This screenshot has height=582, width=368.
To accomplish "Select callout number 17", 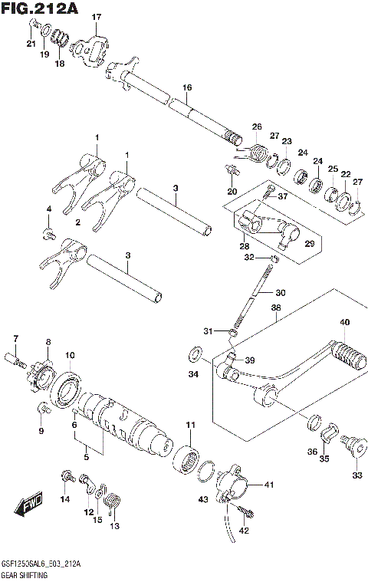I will point(96,17).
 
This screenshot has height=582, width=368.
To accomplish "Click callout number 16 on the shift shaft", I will point(186,88).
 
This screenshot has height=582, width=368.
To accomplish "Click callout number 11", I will point(189,424).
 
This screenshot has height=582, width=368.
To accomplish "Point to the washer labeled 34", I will point(195,354).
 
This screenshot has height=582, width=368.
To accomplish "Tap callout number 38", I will point(275,307).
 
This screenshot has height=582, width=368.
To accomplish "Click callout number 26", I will point(256,127).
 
